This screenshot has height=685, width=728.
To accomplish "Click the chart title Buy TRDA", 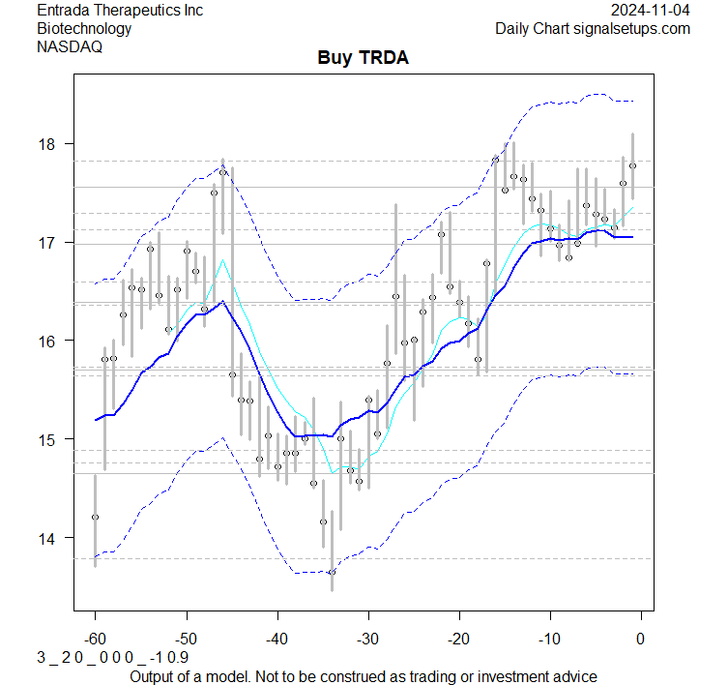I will pos(363,58).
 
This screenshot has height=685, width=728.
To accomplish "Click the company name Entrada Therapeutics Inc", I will pos(120,11).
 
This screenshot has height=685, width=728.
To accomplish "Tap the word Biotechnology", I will pos(84,28).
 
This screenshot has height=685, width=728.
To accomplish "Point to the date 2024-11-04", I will pos(651,11).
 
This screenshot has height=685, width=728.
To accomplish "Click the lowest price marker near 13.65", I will pos(332,572).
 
